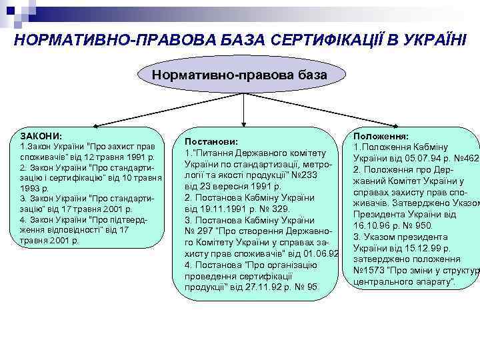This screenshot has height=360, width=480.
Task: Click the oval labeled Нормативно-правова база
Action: click(x=239, y=75)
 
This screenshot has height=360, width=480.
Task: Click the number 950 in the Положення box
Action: click(x=425, y=225)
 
